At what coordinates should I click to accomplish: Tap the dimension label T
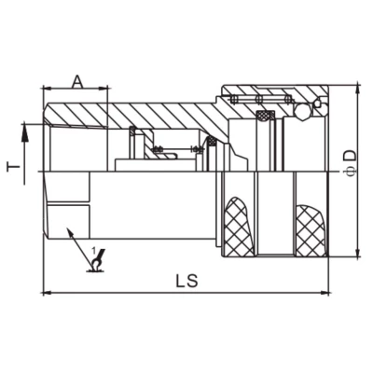tap(14, 168)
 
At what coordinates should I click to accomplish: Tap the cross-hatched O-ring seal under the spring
tap(266, 116)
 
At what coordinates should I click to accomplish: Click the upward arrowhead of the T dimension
tap(27, 125)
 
